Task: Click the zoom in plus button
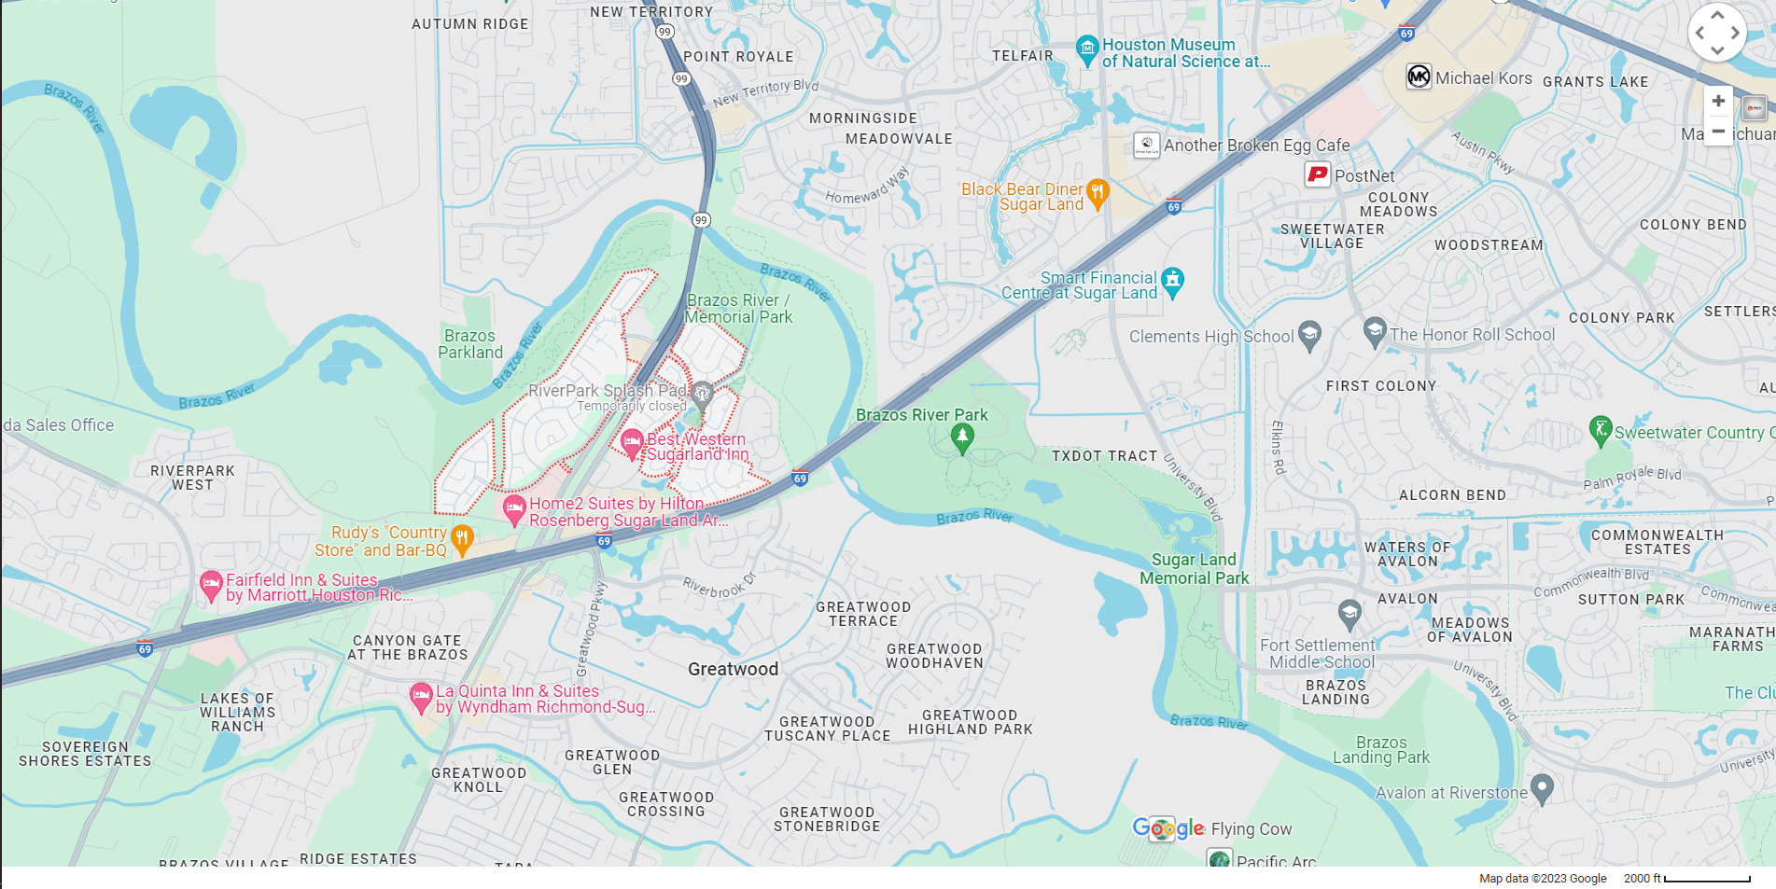click(1717, 101)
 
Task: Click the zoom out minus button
click(1717, 131)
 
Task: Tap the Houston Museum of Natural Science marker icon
click(1087, 49)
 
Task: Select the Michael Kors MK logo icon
click(1419, 76)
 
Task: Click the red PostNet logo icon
click(1317, 174)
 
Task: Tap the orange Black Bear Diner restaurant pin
click(1098, 193)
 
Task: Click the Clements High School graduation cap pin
click(1309, 334)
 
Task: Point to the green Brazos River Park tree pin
click(962, 437)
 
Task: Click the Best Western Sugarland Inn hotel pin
click(632, 442)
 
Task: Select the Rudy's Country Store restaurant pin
click(462, 538)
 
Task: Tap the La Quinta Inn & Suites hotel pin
click(421, 696)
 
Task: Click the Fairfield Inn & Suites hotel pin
click(211, 585)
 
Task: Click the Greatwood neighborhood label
click(733, 669)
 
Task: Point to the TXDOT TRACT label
click(1104, 456)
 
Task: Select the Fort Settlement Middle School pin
click(1349, 613)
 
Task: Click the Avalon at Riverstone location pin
click(1542, 788)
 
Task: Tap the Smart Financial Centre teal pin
click(1173, 281)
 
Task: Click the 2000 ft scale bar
click(1707, 879)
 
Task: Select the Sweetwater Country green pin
click(1601, 430)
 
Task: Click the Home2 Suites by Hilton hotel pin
click(513, 508)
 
